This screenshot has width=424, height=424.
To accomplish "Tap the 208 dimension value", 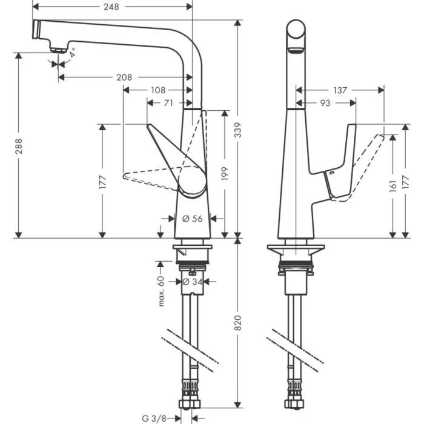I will (x=124, y=78).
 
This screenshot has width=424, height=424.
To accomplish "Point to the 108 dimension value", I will (x=157, y=90).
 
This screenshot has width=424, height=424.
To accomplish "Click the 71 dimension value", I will (x=168, y=103).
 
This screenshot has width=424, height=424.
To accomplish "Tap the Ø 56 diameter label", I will (x=193, y=219).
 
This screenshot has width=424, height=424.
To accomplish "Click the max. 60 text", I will (x=161, y=291).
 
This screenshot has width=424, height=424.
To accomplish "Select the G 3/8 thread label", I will (x=153, y=417).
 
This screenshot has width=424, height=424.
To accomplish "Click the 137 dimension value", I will (x=340, y=90).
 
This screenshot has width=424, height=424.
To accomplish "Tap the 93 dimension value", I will (x=325, y=104).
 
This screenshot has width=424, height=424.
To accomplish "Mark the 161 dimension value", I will (x=394, y=184).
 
